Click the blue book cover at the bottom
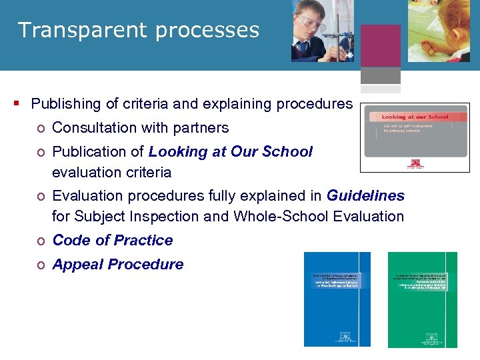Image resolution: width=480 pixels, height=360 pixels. coord(337,299)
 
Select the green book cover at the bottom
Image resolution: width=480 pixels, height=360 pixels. coord(423,299)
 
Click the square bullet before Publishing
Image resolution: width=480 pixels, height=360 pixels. coord(15,103)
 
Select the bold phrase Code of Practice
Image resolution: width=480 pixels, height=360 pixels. coord(112,240)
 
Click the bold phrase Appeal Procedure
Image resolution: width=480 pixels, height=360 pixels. coord(117,264)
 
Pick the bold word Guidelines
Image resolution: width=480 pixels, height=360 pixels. coord(365,195)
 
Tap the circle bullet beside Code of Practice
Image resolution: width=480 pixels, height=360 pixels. coord(41,241)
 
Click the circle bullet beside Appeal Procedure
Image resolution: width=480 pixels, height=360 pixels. coord(41,265)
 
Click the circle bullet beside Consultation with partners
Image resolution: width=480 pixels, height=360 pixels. coord(41,128)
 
